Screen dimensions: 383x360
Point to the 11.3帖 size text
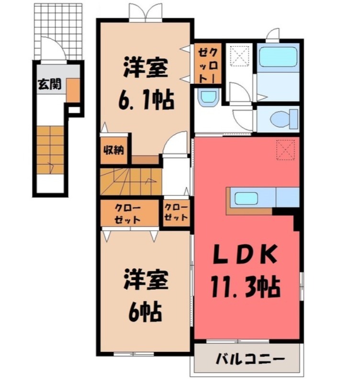(x=244, y=288)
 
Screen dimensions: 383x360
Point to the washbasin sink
(x=208, y=98)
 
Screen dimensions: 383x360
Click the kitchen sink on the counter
(x=246, y=198)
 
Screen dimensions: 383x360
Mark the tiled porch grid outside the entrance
(x=58, y=29)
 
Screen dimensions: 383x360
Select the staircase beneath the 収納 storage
(x=129, y=181)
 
